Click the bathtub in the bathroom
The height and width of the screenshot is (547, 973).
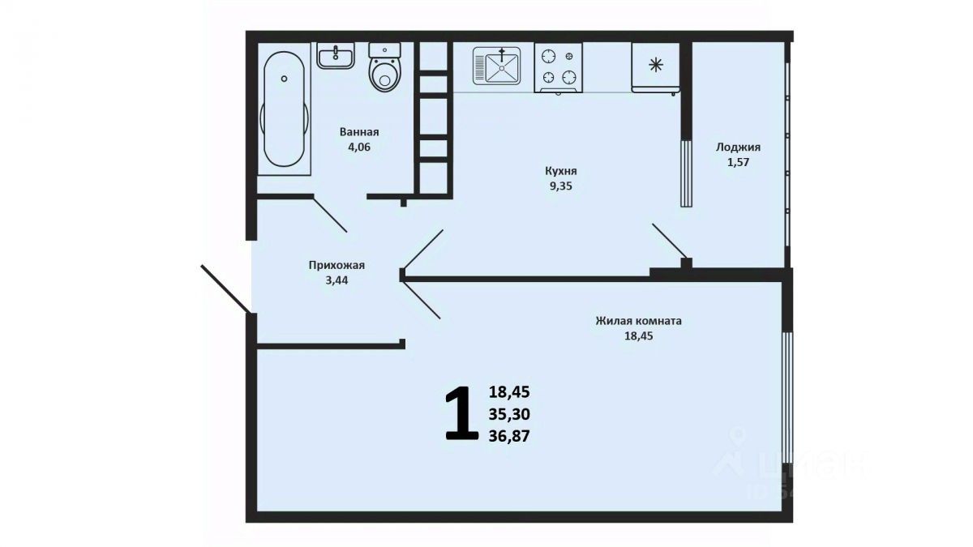coord(284,109)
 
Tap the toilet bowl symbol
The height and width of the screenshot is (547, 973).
coord(384,67)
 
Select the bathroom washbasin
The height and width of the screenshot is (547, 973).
coord(336,56)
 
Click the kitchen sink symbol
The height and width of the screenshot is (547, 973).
coord(496,66)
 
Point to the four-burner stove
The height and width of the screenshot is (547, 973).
coord(558,68)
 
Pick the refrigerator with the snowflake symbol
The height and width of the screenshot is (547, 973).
coord(655,68)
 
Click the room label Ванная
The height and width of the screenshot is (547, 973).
coord(359,132)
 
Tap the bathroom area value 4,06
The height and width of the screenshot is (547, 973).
coord(359,147)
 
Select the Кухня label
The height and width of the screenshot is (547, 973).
coord(561,171)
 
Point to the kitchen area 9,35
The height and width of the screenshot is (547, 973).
coord(561,186)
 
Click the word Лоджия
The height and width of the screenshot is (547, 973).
coord(739,147)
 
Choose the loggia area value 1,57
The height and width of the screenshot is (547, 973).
coord(739,162)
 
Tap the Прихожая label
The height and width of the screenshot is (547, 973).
coord(336,265)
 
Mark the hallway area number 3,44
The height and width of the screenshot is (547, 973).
coord(336,280)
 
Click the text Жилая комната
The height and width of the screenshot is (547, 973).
coord(639,321)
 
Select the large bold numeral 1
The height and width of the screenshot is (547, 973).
coord(461,413)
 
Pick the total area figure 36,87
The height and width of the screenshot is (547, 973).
coord(509,436)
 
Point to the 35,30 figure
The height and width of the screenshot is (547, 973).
coord(509,415)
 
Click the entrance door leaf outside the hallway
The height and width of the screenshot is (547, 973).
coord(226,288)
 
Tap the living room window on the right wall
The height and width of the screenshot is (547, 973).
coord(787,398)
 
